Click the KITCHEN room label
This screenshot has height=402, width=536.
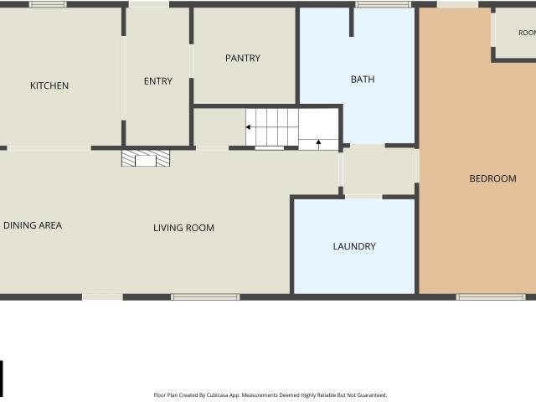[x=49, y=85]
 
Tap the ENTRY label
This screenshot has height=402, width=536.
[x=158, y=81]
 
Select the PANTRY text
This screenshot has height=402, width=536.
[x=243, y=58]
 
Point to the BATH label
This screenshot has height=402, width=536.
[x=363, y=80]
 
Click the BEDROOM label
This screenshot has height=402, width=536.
[x=492, y=178]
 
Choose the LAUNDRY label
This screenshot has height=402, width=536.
[x=354, y=246]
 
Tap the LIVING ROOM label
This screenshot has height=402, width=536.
[x=183, y=228]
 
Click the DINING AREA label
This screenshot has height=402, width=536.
[x=33, y=225]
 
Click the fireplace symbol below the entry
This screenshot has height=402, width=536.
[x=146, y=158]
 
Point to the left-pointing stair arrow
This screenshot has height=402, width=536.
[x=248, y=127]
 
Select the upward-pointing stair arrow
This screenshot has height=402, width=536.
[x=318, y=143]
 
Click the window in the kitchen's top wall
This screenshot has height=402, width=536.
[x=48, y=4]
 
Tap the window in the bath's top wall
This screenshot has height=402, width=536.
[x=383, y=4]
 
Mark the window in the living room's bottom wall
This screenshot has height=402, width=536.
[x=205, y=297]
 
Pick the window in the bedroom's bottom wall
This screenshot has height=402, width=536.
[x=491, y=297]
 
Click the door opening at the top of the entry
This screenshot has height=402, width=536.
[x=149, y=4]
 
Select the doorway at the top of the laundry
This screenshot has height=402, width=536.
[x=363, y=197]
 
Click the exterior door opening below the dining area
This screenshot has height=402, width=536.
[x=102, y=297]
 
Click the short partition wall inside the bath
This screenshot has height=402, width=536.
[x=352, y=22]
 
